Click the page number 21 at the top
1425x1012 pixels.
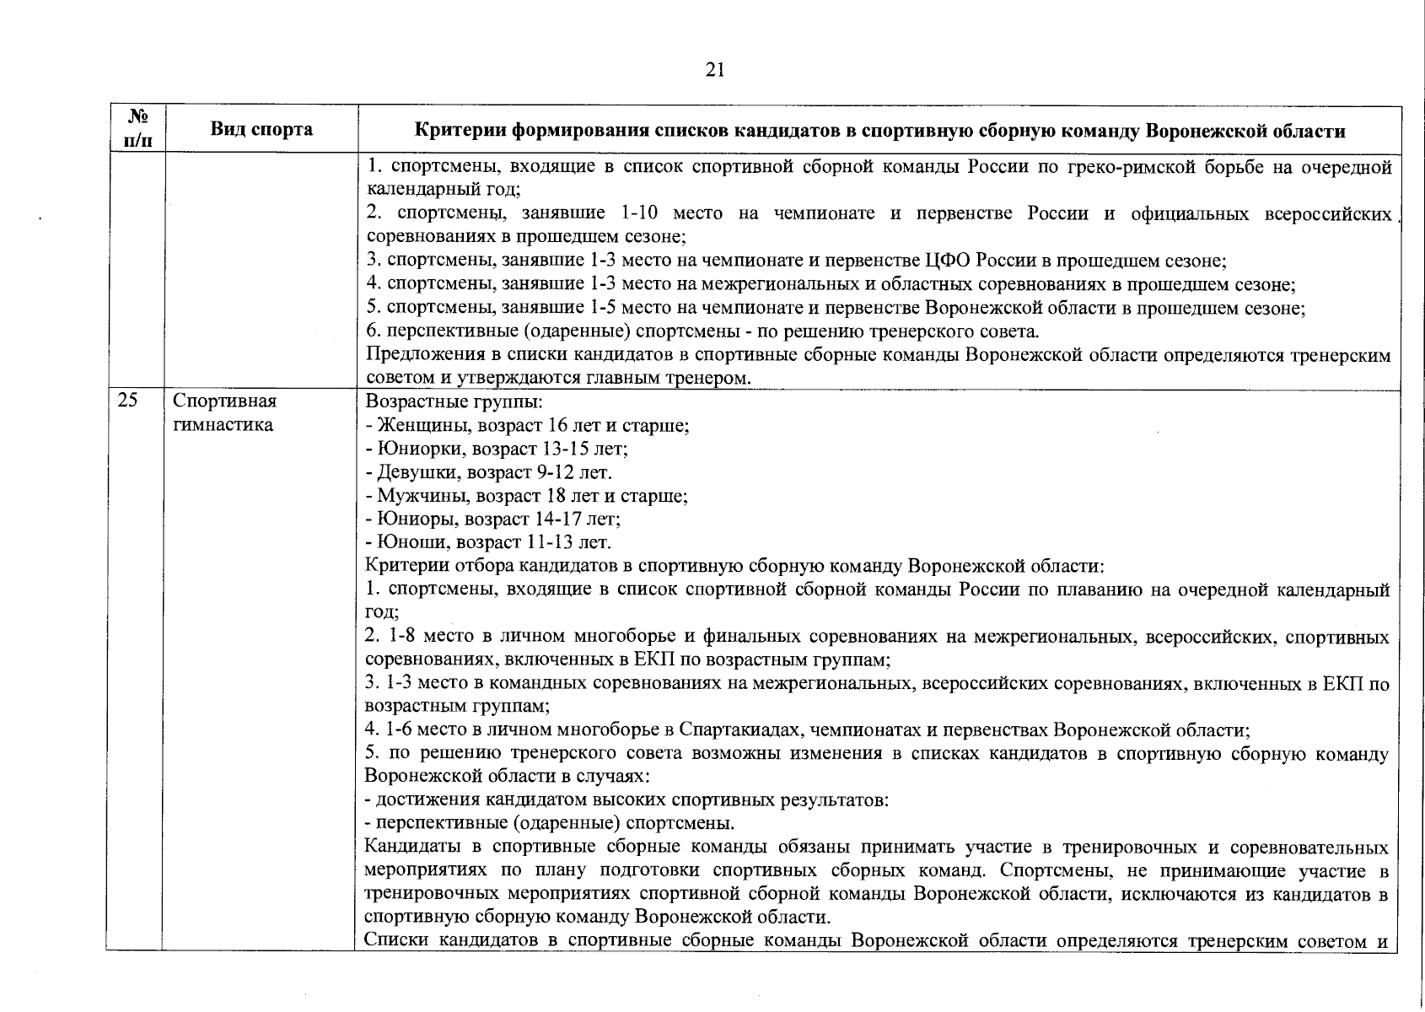pyautogui.click(x=714, y=70)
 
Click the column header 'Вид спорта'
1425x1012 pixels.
pyautogui.click(x=261, y=129)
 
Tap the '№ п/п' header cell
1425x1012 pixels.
pyautogui.click(x=136, y=129)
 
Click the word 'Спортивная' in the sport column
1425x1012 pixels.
pyautogui.click(x=224, y=401)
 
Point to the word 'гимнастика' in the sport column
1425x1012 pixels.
pyautogui.click(x=223, y=425)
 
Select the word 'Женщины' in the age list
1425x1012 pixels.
pyautogui.click(x=413, y=425)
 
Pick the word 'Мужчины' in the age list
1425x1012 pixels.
pyautogui.click(x=413, y=496)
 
